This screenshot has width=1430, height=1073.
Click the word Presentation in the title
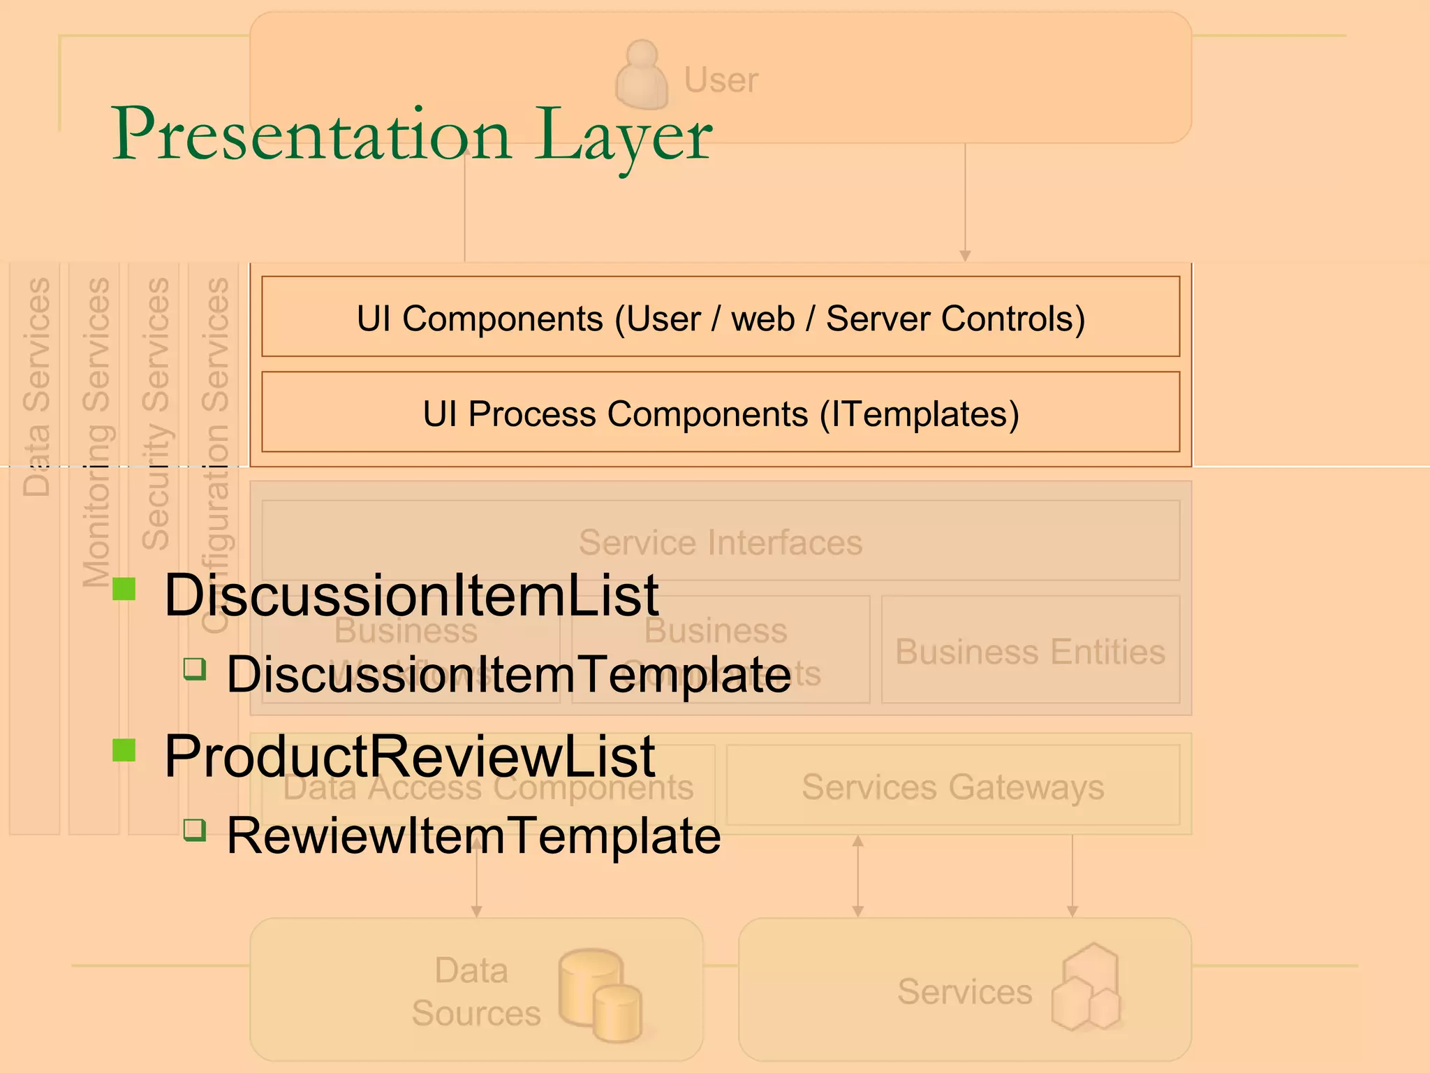(x=311, y=134)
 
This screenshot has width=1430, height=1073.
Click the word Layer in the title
(x=624, y=136)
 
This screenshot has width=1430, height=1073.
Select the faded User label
(x=721, y=80)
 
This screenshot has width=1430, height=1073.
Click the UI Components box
(x=721, y=317)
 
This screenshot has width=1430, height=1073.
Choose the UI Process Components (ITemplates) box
(x=721, y=412)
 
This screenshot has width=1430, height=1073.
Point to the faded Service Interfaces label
(x=721, y=542)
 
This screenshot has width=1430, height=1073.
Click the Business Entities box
(x=1031, y=651)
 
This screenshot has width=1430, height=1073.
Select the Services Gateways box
(x=952, y=787)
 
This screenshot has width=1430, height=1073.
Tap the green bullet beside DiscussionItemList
(x=124, y=588)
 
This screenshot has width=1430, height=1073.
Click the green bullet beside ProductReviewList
(x=124, y=750)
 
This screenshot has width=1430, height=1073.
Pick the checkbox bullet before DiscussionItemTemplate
(x=195, y=669)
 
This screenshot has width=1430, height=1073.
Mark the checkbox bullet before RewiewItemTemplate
(x=195, y=830)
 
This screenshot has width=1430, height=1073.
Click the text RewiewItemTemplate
(x=473, y=835)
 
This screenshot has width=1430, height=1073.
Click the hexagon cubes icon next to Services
(x=1086, y=988)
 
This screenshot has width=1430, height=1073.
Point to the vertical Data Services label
(x=36, y=387)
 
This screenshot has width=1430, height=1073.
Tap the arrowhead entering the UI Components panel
(x=965, y=256)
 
